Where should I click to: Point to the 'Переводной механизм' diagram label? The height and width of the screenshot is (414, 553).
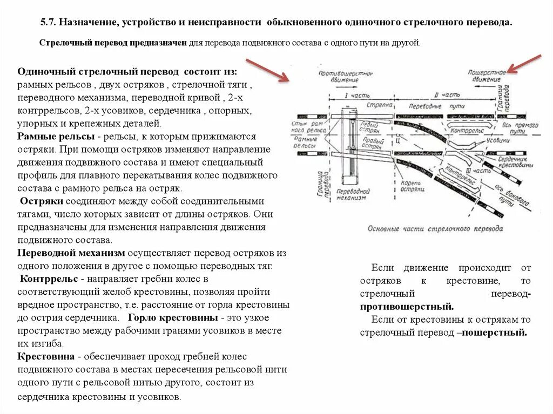point(352,194)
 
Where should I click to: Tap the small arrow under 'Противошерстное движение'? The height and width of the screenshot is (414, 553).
point(336,86)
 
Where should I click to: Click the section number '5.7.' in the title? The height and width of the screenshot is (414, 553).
point(49,23)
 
